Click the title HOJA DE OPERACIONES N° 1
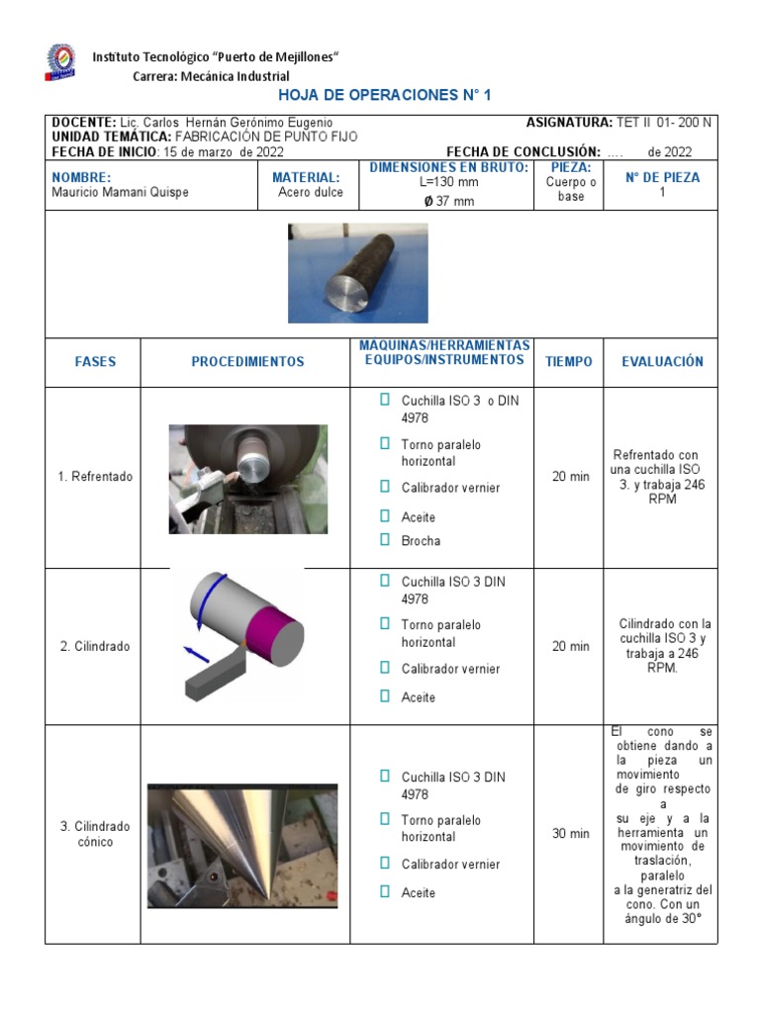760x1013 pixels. (x=385, y=95)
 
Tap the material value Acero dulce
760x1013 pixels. (x=311, y=193)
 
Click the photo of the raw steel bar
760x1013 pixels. (x=357, y=272)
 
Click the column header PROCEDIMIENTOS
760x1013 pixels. (x=247, y=362)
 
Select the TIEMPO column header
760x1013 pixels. (x=569, y=362)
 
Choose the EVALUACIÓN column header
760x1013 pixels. (x=662, y=362)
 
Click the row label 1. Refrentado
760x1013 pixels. (x=95, y=477)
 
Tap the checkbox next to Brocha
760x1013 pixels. (x=385, y=540)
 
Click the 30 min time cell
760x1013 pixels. (x=570, y=834)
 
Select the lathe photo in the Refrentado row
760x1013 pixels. (x=247, y=479)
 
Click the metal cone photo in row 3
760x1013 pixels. (x=242, y=846)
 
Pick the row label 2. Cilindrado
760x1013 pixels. (x=95, y=647)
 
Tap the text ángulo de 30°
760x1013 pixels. (x=663, y=918)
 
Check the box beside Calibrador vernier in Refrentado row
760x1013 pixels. (x=385, y=487)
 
